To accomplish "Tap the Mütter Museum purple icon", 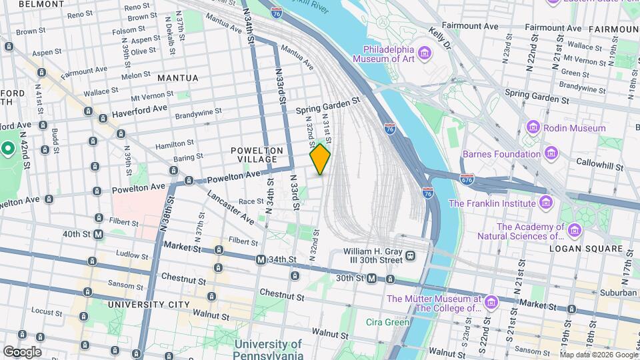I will pos(491,303).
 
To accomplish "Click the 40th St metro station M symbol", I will pos(98,235).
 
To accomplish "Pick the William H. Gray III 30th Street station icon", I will pos(411,255).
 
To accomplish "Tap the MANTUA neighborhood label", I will pos(178,78).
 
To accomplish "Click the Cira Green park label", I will pos(387,322).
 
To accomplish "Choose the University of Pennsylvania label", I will pos(268,350).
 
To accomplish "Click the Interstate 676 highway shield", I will pos(467,179).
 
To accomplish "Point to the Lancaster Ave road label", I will pos(222,207).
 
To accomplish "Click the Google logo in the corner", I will pos(22,351).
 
